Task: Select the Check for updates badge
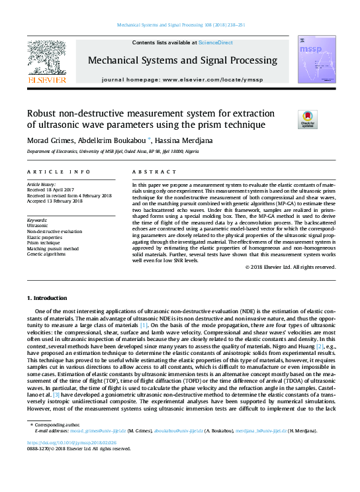(308, 119)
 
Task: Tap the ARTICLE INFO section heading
(58, 172)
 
